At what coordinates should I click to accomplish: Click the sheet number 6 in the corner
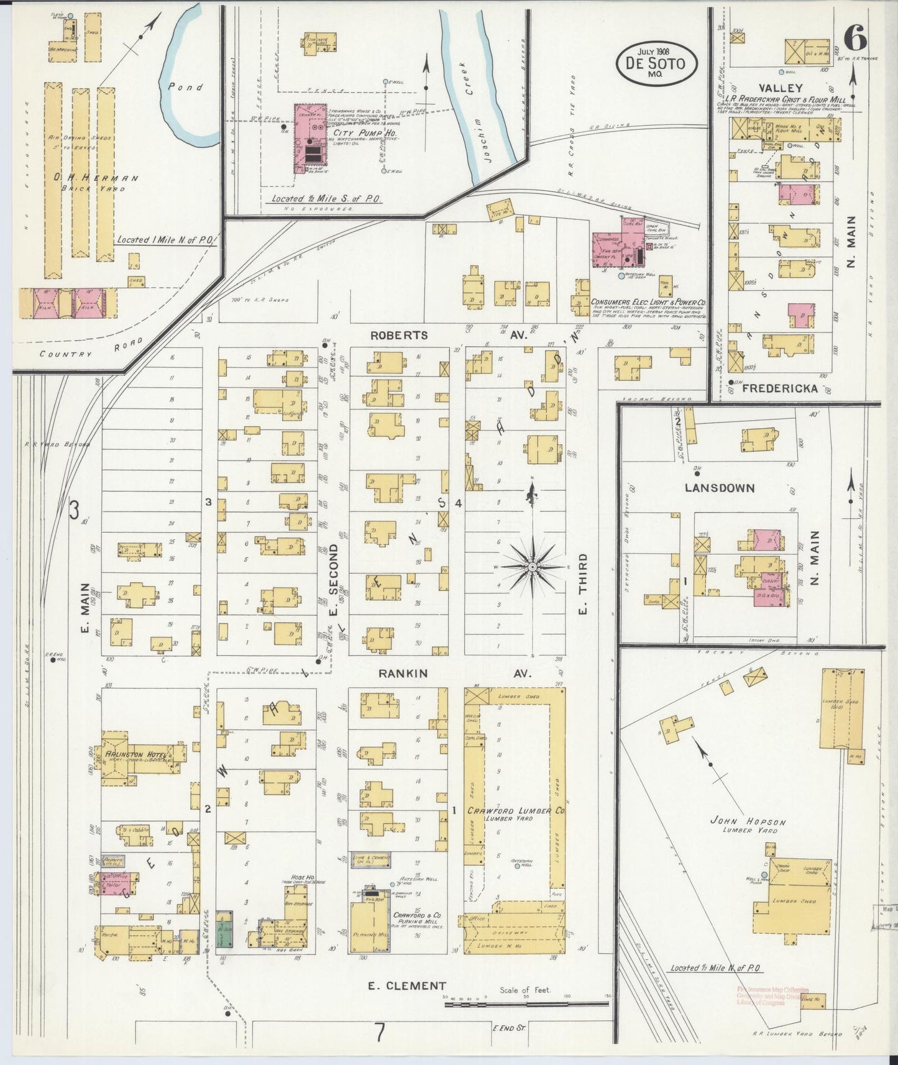tap(856, 40)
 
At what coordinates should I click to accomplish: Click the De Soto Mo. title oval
tap(656, 63)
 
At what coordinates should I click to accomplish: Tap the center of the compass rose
tap(533, 567)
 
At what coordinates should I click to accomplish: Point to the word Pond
tap(185, 87)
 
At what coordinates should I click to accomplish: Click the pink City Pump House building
tap(310, 139)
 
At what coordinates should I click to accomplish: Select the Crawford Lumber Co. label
tap(516, 811)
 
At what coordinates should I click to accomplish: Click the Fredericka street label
tap(779, 388)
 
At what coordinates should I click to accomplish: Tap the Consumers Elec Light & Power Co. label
tap(648, 301)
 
